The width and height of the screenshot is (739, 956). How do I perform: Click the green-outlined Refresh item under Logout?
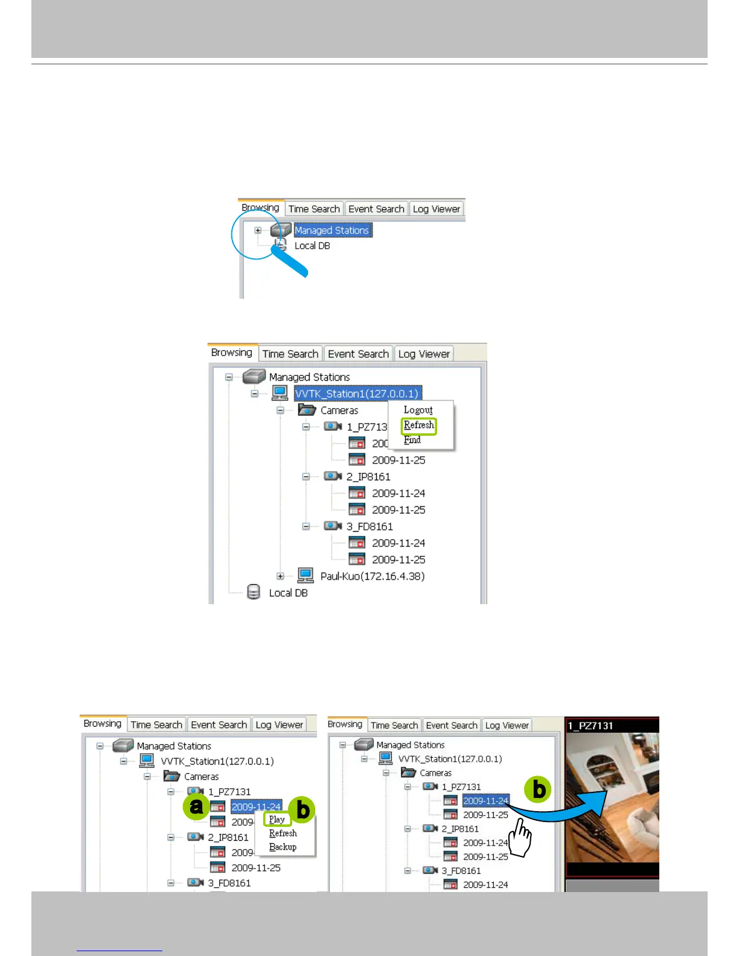coord(418,425)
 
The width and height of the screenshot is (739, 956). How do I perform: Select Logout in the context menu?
coord(418,410)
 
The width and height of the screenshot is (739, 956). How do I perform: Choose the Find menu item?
coord(412,440)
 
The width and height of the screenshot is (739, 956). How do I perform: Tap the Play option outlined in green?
coord(277,820)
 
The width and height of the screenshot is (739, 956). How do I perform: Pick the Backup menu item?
coord(283,847)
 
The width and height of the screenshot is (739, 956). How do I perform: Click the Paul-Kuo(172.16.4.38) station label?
coord(373,576)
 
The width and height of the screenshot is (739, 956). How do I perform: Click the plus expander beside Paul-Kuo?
coord(280,576)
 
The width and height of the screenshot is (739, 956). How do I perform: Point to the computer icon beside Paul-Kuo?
coord(306,575)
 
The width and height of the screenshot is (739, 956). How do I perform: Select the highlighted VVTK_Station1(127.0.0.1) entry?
coord(357,394)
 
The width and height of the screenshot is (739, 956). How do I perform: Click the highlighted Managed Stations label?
coord(332,231)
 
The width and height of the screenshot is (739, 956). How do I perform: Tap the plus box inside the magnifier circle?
coord(258,231)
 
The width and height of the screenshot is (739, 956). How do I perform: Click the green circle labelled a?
coord(196,806)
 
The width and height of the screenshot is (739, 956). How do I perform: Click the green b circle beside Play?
coord(303,810)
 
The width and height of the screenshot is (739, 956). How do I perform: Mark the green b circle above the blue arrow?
coord(537,789)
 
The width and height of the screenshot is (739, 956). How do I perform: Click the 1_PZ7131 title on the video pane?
coord(590,725)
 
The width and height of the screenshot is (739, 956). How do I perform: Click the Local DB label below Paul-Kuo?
coord(288,593)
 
